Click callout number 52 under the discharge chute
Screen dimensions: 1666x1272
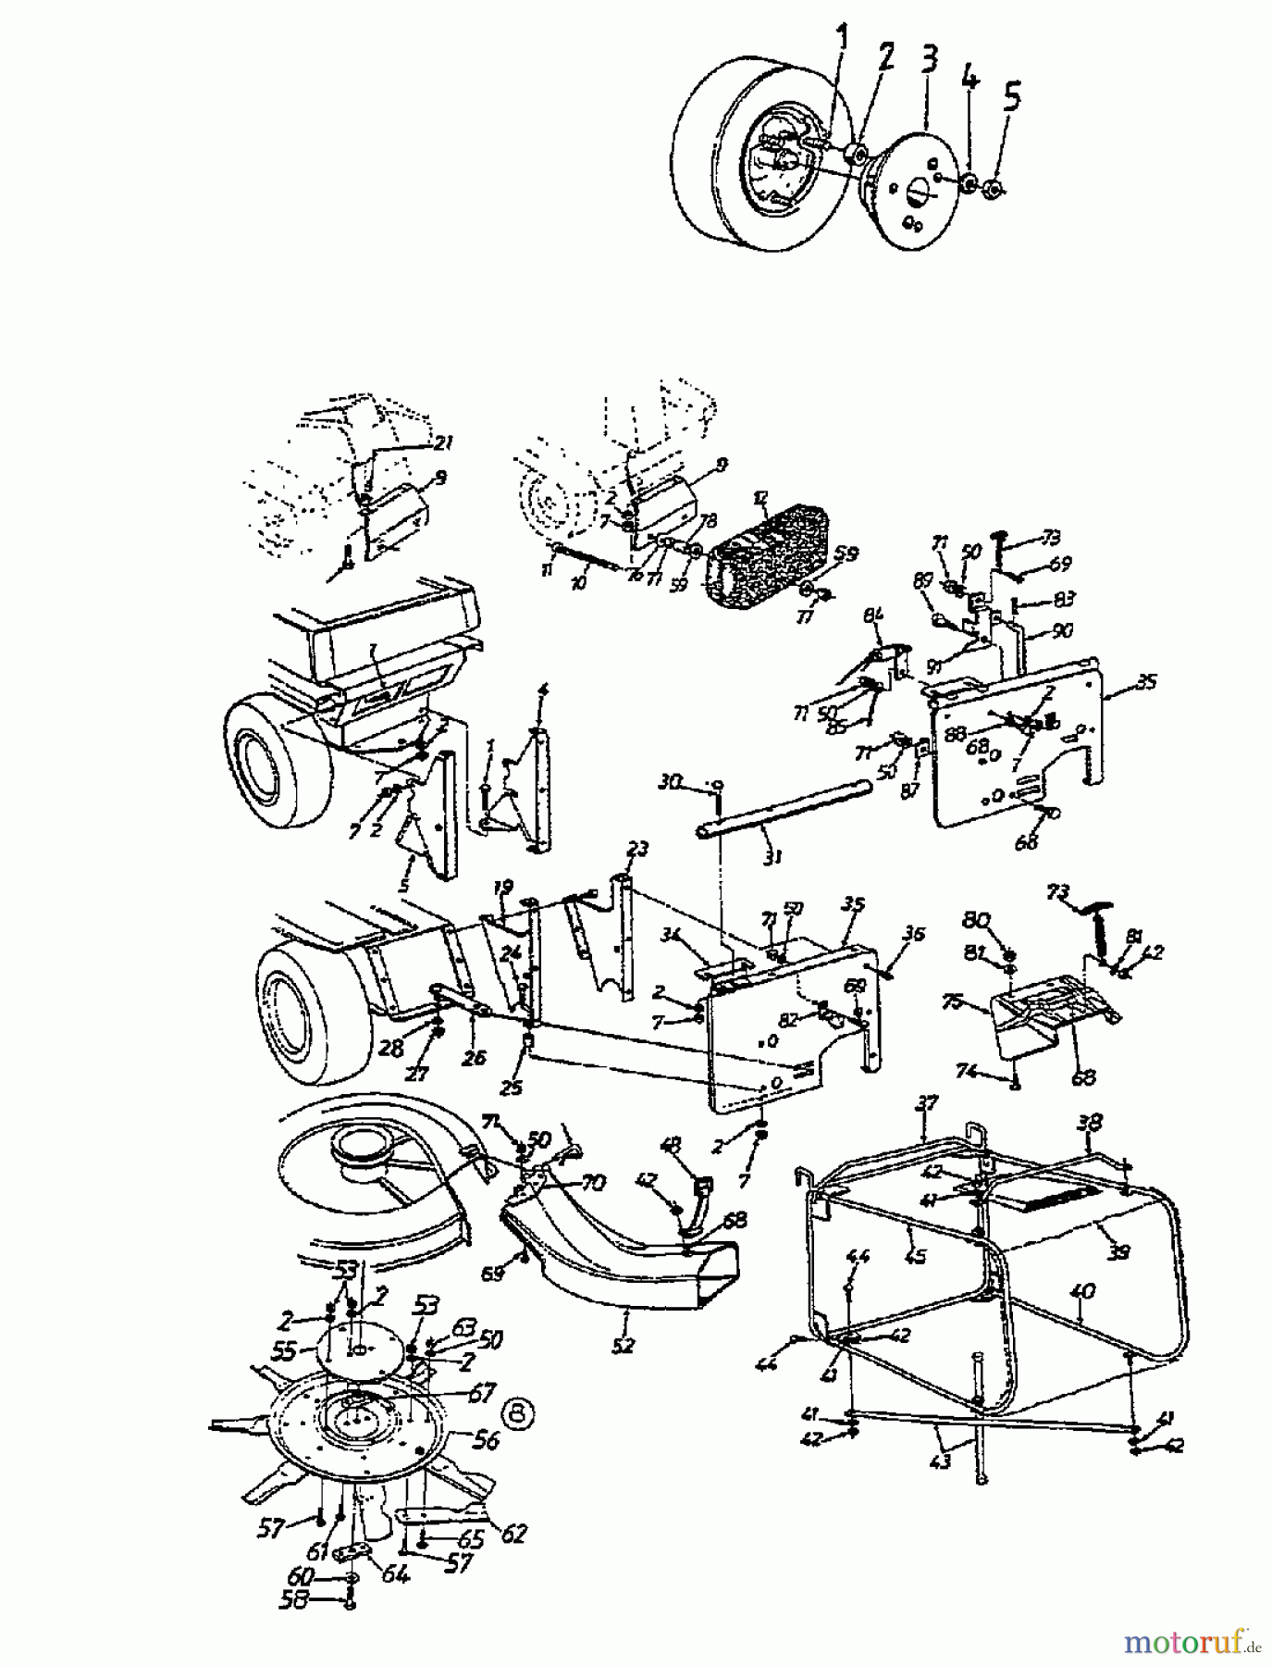(624, 1345)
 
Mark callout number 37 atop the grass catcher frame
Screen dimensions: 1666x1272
(927, 1102)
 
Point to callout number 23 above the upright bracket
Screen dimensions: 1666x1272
(637, 848)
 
